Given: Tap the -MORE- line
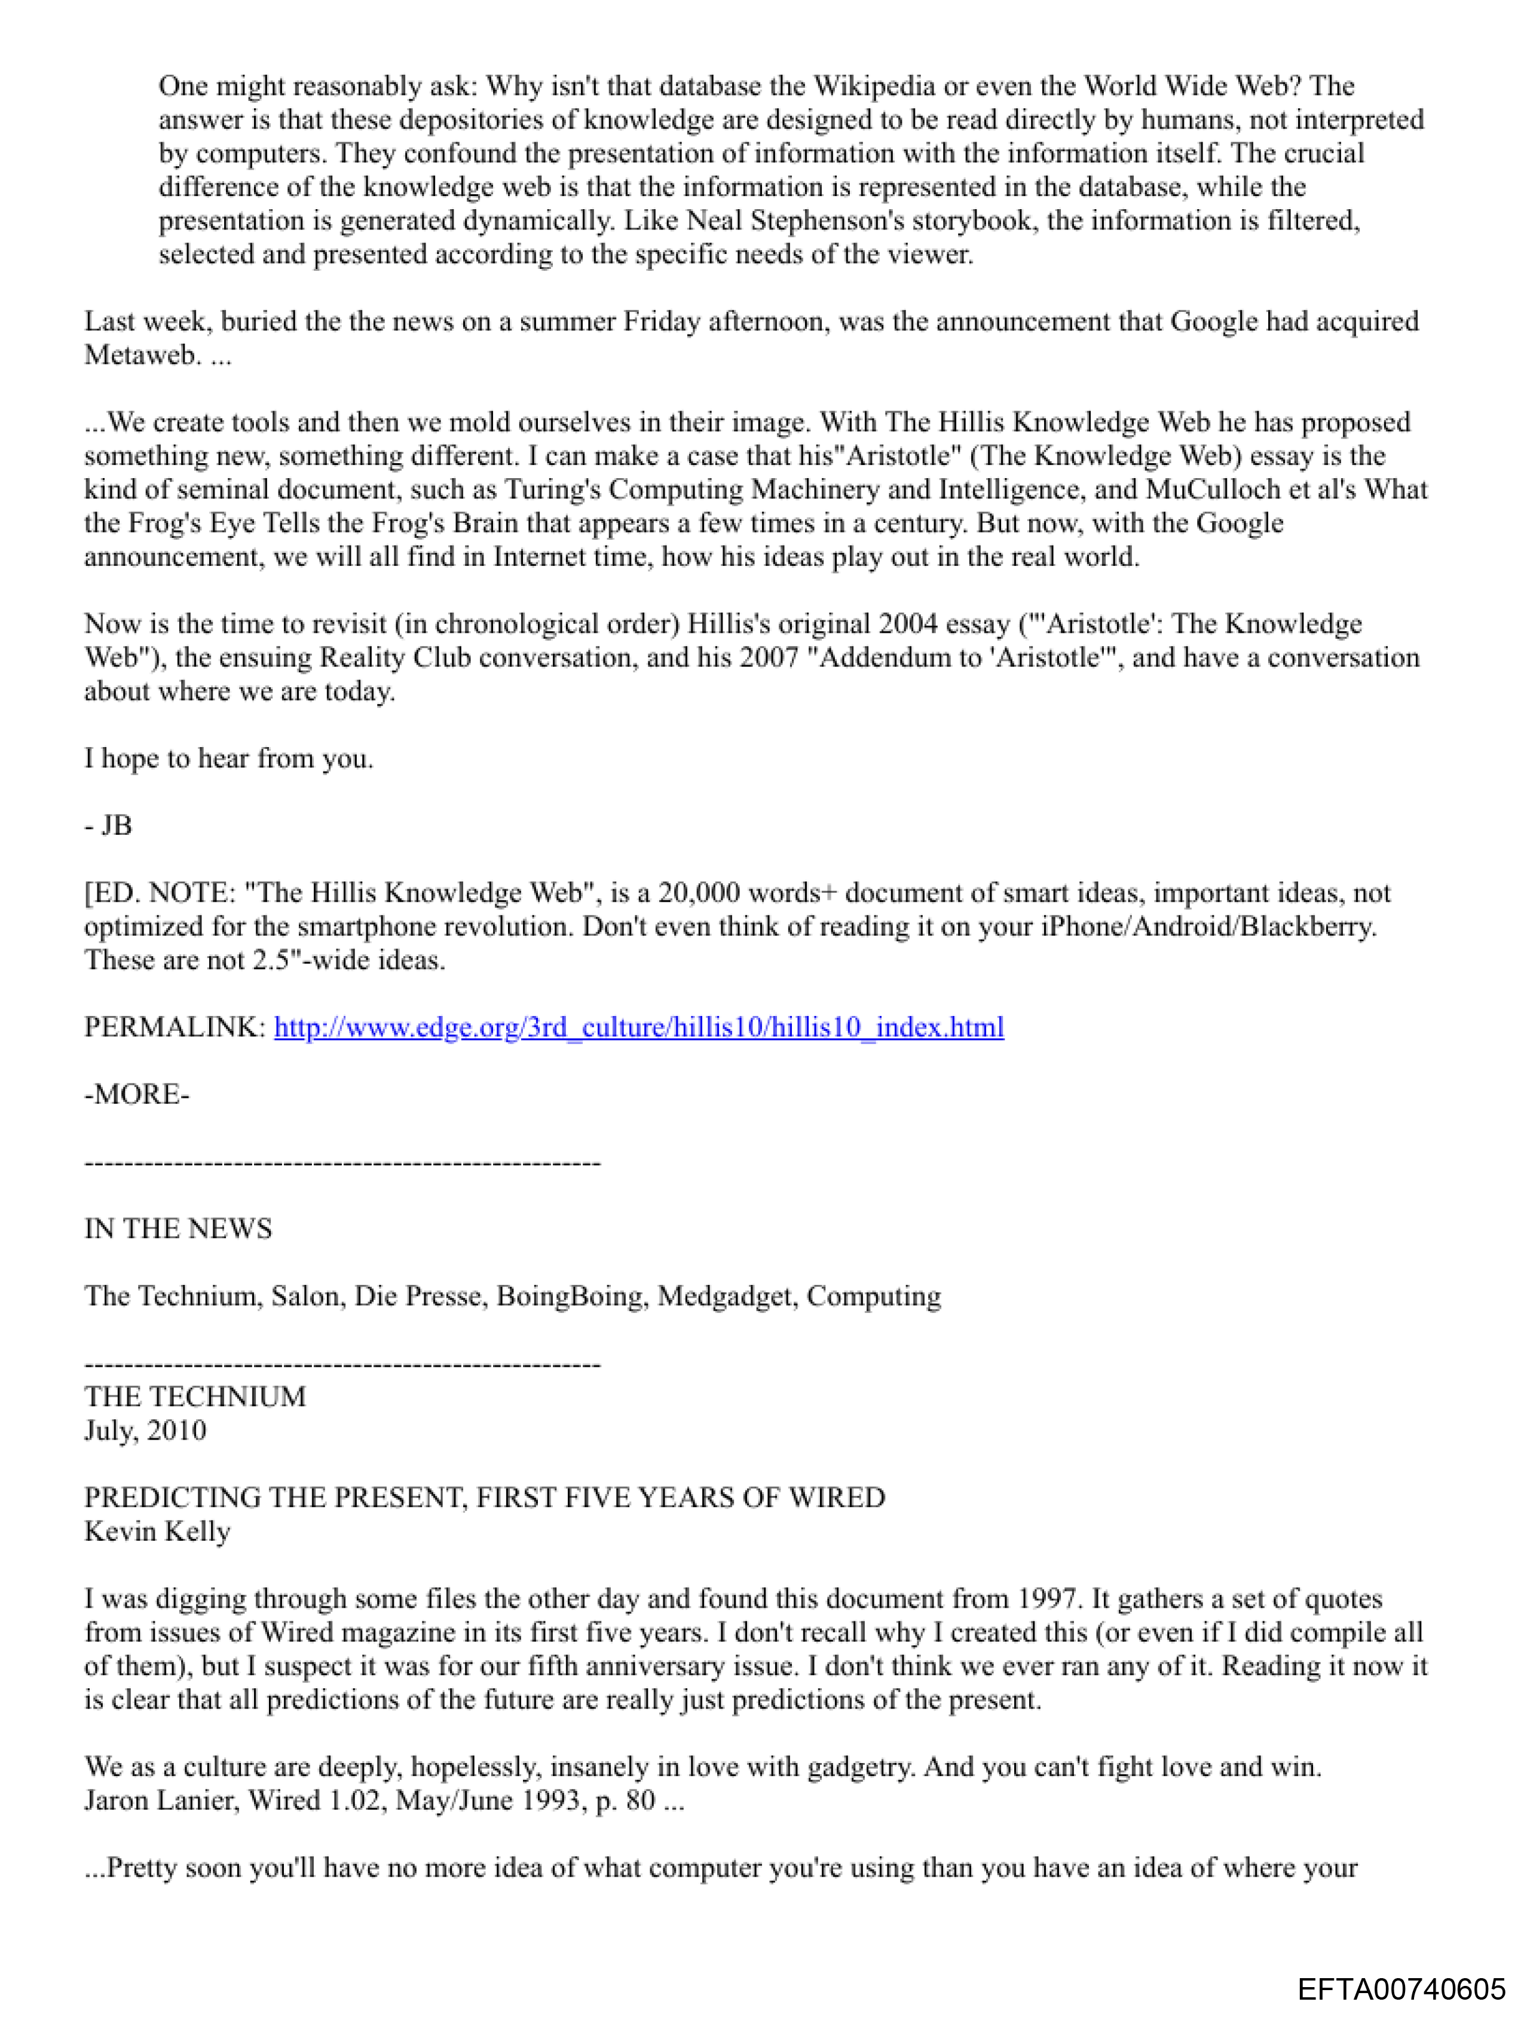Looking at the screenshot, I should (137, 1094).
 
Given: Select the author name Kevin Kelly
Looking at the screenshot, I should (157, 1531).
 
